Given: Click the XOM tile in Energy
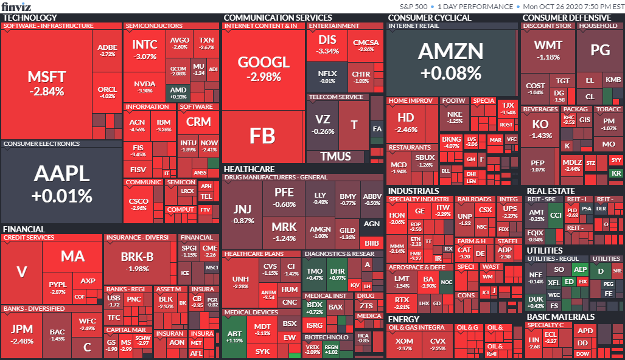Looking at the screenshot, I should [404, 344].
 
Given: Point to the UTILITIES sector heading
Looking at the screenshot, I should [545, 250].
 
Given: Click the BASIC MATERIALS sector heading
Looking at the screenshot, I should [560, 317].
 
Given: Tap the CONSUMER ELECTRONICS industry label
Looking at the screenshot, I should [41, 144].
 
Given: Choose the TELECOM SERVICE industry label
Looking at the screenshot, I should [336, 97].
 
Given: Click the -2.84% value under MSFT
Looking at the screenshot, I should [46, 92].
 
